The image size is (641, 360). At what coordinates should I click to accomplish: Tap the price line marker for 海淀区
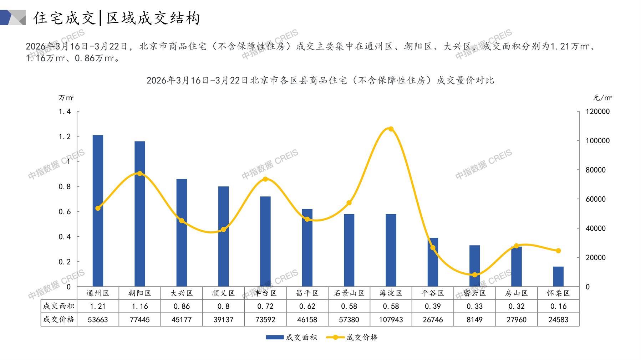391,129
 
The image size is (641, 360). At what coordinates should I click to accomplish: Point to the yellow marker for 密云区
474,275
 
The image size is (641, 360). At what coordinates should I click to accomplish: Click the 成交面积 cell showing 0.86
182,306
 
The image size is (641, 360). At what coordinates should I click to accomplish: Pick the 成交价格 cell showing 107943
391,320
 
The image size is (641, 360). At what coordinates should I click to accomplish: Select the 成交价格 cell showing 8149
474,320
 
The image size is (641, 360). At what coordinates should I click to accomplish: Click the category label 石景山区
349,293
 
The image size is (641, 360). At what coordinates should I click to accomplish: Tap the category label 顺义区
223,293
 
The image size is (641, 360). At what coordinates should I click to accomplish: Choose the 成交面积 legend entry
292,337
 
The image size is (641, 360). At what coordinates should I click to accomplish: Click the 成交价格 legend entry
352,337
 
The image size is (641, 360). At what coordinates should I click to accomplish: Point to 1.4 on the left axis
65,112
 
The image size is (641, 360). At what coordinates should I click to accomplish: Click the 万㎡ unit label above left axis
66,98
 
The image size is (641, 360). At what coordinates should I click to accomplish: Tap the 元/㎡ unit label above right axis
602,98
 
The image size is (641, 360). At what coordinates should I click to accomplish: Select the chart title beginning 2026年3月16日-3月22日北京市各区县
320,80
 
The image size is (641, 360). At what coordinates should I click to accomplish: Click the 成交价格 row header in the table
59,320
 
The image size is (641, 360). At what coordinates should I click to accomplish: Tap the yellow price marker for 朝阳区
140,174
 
